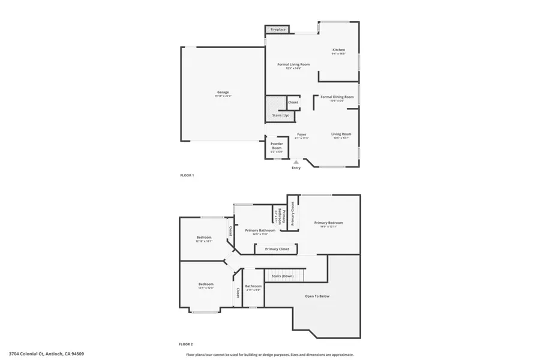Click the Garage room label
coord(223,92)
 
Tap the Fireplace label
coord(277,29)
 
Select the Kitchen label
coord(339,50)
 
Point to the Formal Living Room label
coord(293,64)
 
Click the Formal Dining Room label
coord(337,97)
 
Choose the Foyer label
coord(302,134)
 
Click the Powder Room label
coord(277,146)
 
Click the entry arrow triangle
coord(296,161)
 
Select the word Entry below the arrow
coord(296,168)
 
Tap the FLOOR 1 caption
coord(187,175)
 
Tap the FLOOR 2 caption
coord(186,344)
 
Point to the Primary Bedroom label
coord(329,223)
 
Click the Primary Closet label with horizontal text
coord(277,248)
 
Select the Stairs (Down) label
coord(282,276)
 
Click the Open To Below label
coord(317,296)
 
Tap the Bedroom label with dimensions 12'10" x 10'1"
coord(204,238)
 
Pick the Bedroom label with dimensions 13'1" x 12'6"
coord(206,284)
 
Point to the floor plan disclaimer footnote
coord(269,354)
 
